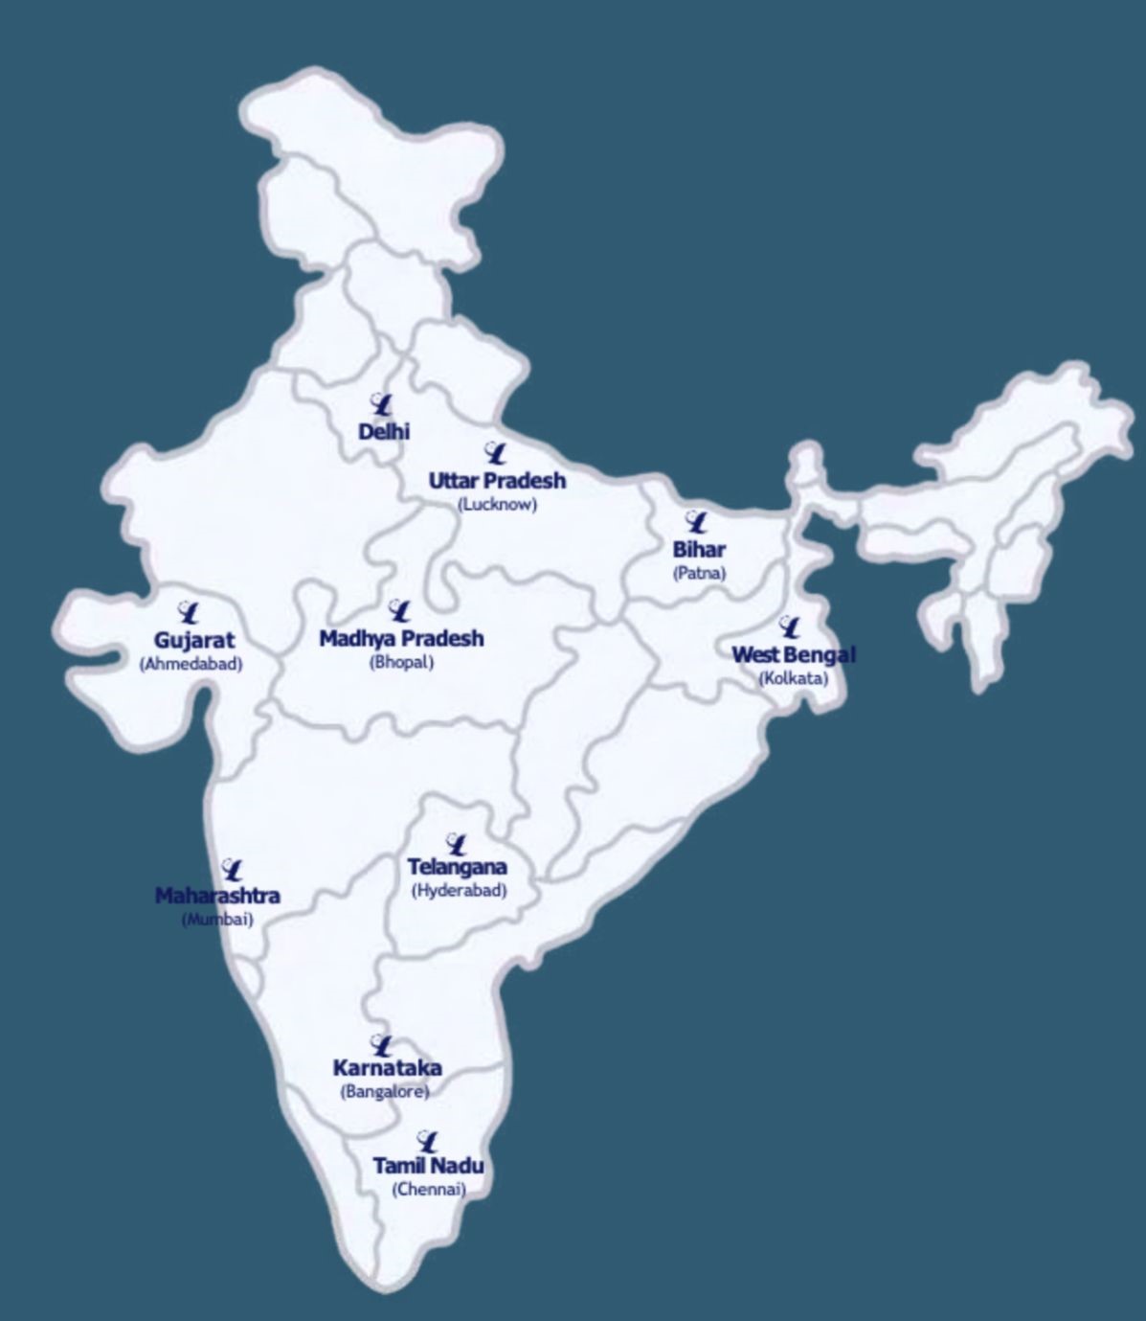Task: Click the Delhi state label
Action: click(x=384, y=432)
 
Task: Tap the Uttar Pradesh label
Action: click(x=497, y=480)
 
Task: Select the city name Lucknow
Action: click(x=497, y=504)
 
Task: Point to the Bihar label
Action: click(x=699, y=550)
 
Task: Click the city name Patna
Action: click(x=699, y=573)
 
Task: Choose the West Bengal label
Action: click(x=794, y=654)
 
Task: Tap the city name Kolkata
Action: click(x=794, y=678)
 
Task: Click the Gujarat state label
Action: click(x=194, y=640)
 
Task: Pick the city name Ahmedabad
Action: click(x=191, y=663)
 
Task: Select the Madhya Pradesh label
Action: click(x=401, y=638)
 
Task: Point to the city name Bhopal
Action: click(x=402, y=662)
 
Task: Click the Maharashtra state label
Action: click(x=217, y=896)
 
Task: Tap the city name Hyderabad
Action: click(x=459, y=890)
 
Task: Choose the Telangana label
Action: click(x=458, y=867)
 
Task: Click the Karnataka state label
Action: click(x=387, y=1068)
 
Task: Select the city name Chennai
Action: click(x=428, y=1190)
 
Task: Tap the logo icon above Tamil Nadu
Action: click(x=428, y=1141)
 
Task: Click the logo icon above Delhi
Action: click(x=381, y=404)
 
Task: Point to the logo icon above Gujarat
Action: click(x=189, y=612)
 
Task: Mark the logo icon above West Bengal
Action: click(x=790, y=627)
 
